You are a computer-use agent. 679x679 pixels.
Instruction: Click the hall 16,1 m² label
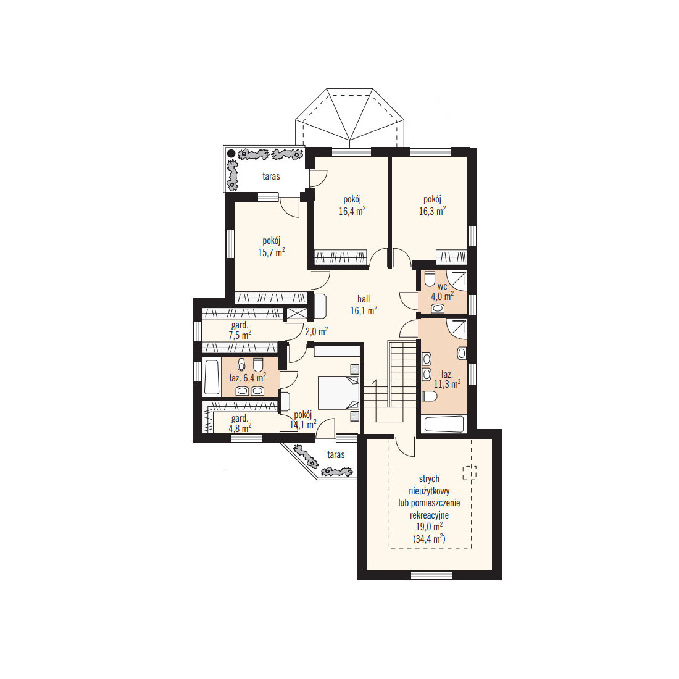364,305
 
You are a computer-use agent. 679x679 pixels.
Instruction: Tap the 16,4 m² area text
352,211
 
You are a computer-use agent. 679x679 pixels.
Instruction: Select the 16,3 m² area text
432,211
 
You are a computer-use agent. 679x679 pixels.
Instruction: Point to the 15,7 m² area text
272,252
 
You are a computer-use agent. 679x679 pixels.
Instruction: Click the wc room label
442,286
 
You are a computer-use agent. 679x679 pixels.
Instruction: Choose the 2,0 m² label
317,331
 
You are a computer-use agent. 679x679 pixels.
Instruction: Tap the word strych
429,479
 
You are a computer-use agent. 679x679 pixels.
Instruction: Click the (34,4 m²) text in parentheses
429,539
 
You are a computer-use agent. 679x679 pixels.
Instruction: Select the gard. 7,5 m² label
240,330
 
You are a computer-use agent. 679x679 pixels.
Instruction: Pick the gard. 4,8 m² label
240,423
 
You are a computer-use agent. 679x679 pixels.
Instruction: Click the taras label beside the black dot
271,177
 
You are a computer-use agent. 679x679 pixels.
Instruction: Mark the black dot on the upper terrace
231,153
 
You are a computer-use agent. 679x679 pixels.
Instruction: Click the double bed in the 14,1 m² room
339,393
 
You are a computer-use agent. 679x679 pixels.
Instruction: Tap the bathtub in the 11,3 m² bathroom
444,424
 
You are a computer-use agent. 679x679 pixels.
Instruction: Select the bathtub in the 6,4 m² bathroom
211,377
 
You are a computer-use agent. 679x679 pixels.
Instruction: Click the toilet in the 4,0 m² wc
430,279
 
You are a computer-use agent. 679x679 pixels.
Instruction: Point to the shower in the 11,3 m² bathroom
457,329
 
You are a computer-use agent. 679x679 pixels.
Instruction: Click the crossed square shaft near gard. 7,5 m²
296,314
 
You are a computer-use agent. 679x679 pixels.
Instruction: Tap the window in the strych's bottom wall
431,575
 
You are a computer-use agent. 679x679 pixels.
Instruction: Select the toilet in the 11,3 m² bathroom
429,396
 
